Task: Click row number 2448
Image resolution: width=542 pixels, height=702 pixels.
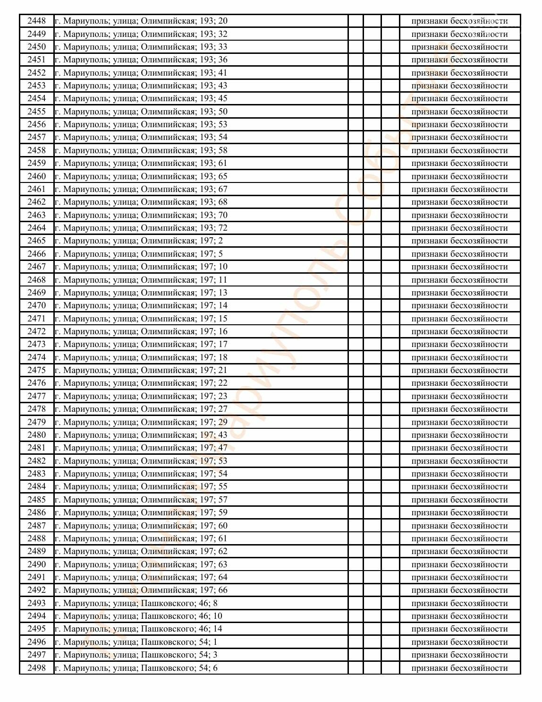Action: [36, 21]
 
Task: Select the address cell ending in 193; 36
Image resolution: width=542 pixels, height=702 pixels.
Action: [141, 60]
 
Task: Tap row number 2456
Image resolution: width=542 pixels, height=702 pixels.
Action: [36, 124]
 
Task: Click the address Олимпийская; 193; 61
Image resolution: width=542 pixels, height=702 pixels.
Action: [141, 163]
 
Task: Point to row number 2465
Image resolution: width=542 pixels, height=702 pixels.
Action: [36, 241]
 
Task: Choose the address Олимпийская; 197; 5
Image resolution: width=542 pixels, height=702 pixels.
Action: [138, 254]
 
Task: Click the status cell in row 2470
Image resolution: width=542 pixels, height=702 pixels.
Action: [459, 305]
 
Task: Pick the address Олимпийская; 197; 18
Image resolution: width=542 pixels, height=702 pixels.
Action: [141, 357]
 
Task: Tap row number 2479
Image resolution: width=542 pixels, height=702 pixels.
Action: [36, 422]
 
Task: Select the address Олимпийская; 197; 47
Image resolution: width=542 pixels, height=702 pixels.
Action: [141, 448]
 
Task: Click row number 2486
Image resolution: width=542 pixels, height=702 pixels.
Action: [36, 512]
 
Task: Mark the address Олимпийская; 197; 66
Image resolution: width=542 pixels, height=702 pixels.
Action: [141, 590]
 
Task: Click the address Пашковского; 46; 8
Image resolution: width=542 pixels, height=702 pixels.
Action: [136, 603]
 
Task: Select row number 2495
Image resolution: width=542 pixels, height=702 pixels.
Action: [36, 629]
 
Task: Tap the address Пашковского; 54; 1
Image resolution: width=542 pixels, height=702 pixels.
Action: [136, 642]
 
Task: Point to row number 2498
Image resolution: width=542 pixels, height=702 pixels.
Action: [36, 668]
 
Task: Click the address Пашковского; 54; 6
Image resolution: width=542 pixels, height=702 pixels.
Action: [136, 668]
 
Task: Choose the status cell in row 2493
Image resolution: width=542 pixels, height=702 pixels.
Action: [459, 603]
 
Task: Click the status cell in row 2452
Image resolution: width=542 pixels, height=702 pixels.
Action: [459, 73]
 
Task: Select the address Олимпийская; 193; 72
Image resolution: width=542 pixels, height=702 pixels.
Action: [141, 228]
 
